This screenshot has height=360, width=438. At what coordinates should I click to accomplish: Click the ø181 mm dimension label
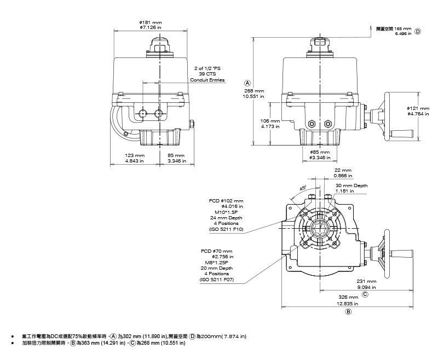pos(151,22)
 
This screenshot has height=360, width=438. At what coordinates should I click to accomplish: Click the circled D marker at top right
pos(418,31)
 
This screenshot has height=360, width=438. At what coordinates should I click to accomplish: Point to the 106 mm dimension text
pos(270,121)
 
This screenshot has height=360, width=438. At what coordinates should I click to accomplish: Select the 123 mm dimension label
pos(135,155)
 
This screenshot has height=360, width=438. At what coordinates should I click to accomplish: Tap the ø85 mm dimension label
pos(320,152)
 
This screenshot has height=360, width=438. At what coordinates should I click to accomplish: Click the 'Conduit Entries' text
pos(208,80)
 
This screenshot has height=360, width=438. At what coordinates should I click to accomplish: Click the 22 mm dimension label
pos(343,170)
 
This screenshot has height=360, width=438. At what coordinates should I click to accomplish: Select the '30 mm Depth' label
pos(351,185)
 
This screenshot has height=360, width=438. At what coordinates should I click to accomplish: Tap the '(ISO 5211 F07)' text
pos(217,279)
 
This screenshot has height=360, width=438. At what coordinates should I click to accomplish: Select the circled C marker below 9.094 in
pos(365,294)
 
